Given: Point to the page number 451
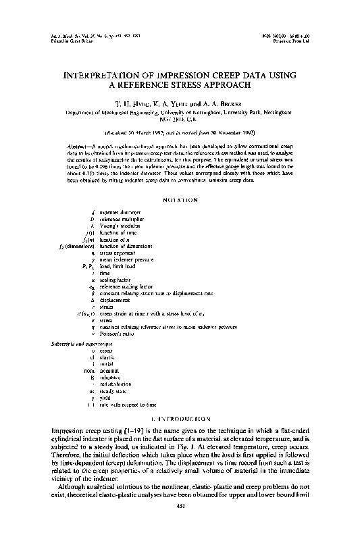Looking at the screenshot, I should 180,524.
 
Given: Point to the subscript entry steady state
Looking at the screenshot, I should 114,390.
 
